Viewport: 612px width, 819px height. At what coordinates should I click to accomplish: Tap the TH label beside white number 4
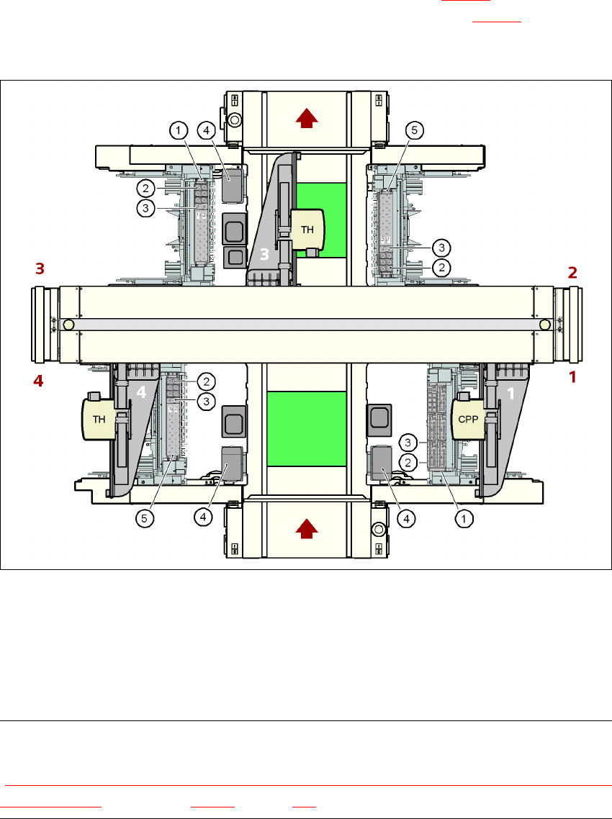[x=99, y=417]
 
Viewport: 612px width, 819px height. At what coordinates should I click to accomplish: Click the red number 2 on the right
[x=573, y=272]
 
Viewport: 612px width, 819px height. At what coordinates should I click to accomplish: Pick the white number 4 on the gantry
[x=141, y=393]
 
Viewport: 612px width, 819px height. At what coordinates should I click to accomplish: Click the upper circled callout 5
[x=414, y=130]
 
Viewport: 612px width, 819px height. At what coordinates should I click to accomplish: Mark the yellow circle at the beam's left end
[x=68, y=325]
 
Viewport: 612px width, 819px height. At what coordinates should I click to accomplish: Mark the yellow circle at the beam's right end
[x=545, y=325]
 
